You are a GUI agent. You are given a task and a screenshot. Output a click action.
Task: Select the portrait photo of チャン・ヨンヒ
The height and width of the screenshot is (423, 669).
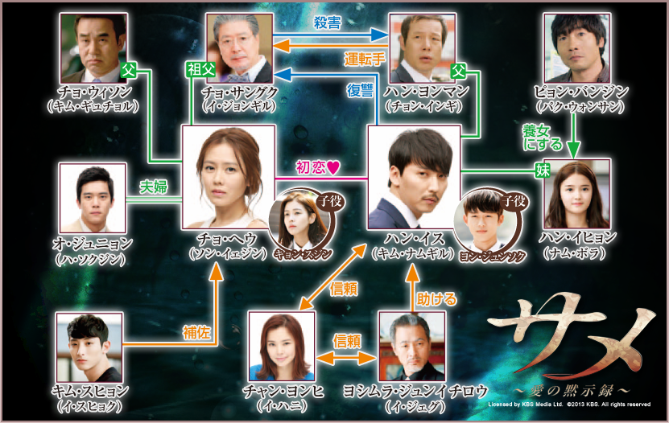tap(282, 347)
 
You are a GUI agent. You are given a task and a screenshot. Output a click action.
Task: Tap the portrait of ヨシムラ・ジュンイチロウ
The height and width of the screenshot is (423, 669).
tap(411, 347)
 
